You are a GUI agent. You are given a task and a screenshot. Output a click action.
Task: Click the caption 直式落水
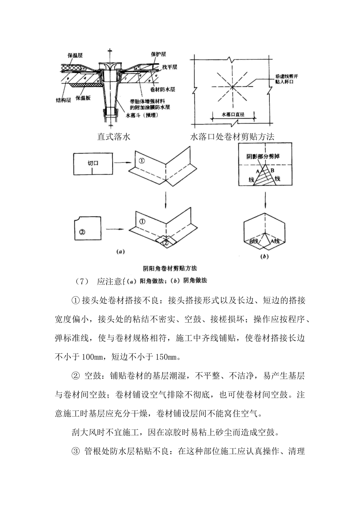click(x=114, y=137)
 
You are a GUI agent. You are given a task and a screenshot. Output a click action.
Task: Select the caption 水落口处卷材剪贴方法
click(x=232, y=137)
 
